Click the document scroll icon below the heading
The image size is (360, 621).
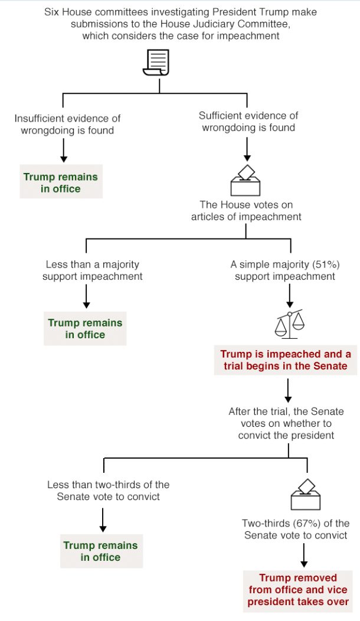tap(156, 62)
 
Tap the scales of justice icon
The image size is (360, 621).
tap(290, 323)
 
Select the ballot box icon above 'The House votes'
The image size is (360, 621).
tap(246, 180)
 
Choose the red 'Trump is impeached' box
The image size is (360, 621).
tap(286, 360)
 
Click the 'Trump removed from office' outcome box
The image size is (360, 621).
tap(298, 590)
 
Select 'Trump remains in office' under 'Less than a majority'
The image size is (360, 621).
tap(85, 329)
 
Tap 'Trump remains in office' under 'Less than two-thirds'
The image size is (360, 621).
tap(101, 551)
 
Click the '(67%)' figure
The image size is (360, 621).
tap(307, 524)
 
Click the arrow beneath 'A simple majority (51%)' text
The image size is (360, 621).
tap(290, 296)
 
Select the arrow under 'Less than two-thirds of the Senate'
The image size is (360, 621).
tap(103, 519)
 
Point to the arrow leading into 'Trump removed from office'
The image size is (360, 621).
tap(304, 555)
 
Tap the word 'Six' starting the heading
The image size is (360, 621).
tap(51, 12)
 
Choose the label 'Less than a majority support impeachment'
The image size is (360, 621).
tap(93, 270)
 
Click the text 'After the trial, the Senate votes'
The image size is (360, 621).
tap(286, 417)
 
